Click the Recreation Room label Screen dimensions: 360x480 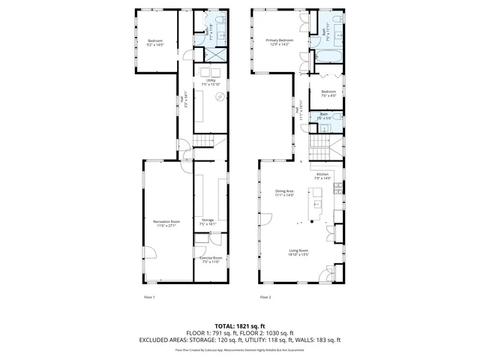pos(166,223)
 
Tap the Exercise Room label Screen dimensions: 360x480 pos(208,259)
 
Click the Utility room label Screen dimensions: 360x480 pos(205,81)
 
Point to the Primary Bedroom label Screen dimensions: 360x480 pos(277,41)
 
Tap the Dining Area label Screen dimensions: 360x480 pos(284,193)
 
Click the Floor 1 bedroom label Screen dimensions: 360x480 pos(155,42)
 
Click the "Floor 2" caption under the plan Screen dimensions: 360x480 pos(265,297)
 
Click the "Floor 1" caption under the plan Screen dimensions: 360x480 pos(149,297)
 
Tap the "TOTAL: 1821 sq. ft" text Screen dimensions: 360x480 pos(240,326)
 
